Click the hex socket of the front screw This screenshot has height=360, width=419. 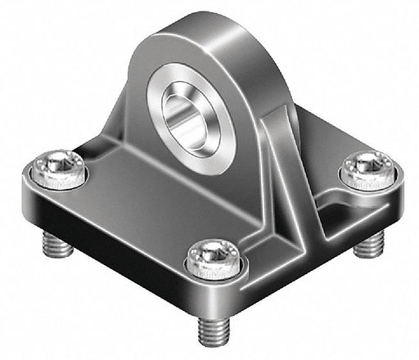(213, 255)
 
